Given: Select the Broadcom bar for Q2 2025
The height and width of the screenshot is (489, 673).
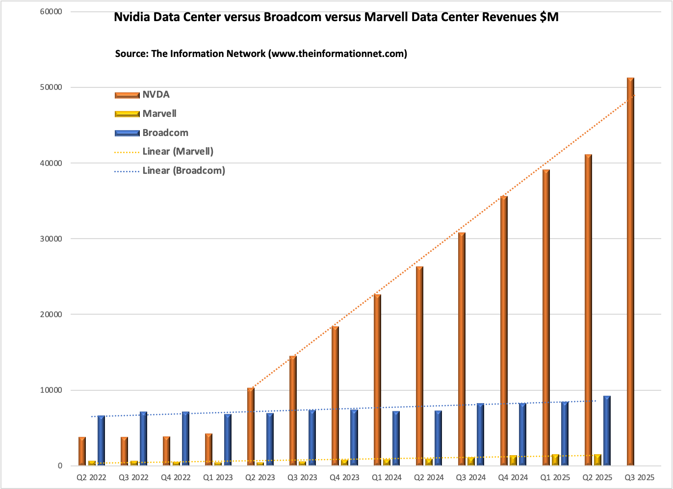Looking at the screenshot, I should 607,431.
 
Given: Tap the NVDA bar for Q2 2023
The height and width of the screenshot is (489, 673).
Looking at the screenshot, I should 251,427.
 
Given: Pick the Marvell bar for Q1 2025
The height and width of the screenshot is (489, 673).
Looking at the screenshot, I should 555,460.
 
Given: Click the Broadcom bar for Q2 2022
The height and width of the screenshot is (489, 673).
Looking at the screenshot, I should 101,441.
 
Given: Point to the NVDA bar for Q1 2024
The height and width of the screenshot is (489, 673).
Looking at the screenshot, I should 377,380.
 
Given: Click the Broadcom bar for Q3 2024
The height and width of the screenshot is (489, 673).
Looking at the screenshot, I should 480,435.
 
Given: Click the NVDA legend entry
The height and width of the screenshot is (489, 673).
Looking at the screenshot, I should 142,95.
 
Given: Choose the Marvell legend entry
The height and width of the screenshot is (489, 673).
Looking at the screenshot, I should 145,114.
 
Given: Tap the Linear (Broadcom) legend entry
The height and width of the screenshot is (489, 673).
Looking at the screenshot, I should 170,171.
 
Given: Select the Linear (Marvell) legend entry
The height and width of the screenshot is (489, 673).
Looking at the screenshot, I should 164,152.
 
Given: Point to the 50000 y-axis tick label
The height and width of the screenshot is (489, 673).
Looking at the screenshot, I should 51,87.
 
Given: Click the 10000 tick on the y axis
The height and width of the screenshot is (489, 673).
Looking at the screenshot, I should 51,390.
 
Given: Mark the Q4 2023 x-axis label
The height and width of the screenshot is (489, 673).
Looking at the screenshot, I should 344,478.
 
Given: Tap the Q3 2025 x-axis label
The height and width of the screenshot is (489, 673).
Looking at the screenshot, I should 640,478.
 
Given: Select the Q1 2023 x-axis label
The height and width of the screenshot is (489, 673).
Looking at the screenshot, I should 218,478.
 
